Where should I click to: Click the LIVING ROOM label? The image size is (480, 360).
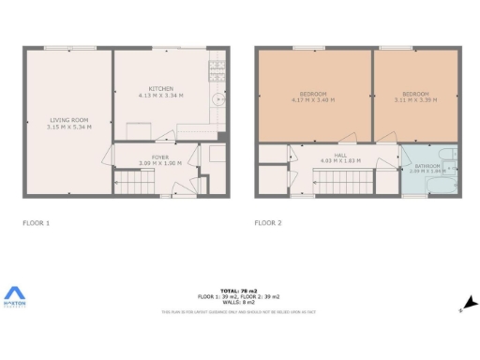pyautogui.click(x=68, y=120)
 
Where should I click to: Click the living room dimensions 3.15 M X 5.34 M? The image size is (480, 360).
pyautogui.click(x=68, y=127)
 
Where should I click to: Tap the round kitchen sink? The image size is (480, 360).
pyautogui.click(x=218, y=98)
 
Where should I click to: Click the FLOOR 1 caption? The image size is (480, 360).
pyautogui.click(x=36, y=223)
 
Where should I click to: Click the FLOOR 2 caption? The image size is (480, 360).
pyautogui.click(x=268, y=223)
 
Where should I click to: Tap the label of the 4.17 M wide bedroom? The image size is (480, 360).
pyautogui.click(x=314, y=94)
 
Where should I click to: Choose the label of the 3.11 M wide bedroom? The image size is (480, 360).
pyautogui.click(x=415, y=94)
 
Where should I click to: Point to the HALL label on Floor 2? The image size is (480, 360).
pyautogui.click(x=339, y=157)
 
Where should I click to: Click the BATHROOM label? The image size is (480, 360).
pyautogui.click(x=427, y=166)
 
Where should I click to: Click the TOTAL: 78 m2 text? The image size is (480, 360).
pyautogui.click(x=240, y=292)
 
